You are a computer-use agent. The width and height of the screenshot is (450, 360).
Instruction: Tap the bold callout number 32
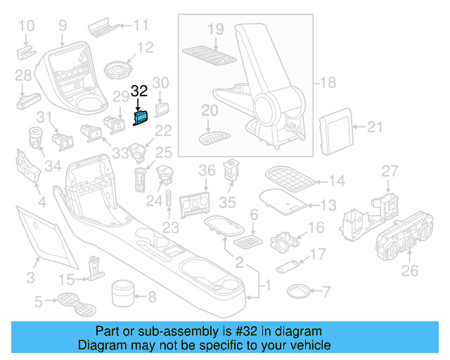click(140, 91)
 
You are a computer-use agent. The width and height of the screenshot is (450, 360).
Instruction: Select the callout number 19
click(215, 29)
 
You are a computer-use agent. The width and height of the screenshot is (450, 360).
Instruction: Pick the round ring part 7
click(300, 290)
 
